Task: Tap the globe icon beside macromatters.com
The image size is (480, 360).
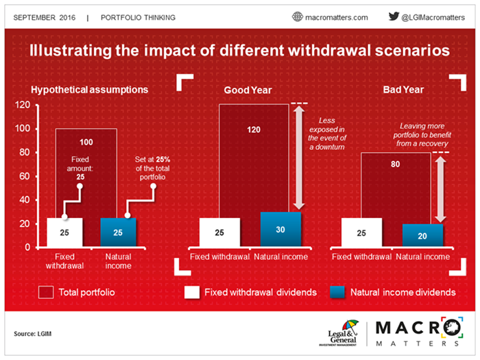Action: (x=297, y=16)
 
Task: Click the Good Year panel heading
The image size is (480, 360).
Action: (x=248, y=90)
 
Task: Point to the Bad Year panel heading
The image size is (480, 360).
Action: (x=403, y=90)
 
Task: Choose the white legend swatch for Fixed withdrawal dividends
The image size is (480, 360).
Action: (x=193, y=292)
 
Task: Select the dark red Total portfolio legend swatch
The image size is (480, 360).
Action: (x=47, y=292)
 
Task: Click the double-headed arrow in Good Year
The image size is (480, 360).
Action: (x=298, y=157)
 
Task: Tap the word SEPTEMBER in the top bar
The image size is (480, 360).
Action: (x=34, y=16)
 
